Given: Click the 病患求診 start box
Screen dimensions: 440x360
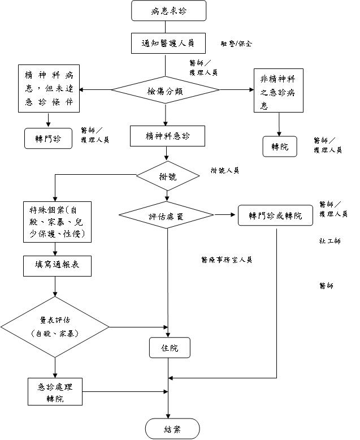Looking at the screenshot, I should coord(168,11).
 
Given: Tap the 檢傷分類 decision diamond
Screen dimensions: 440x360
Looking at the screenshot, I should coord(165,90).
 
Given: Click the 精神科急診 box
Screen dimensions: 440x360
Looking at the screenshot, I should coord(167,136).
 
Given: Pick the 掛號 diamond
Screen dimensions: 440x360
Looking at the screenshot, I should coord(168,176).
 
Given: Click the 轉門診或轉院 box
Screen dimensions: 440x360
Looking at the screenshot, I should coord(275,215).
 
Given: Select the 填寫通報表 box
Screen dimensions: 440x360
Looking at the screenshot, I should coord(57,265).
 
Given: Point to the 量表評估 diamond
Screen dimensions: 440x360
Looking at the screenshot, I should coord(54,327).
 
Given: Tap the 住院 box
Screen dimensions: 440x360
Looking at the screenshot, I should coord(169,348).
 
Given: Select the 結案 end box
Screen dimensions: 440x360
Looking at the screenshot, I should coord(172,429).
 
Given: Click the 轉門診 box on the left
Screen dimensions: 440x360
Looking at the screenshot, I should coord(49,139).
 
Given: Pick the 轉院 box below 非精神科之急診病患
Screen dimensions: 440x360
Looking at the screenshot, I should coord(280,146).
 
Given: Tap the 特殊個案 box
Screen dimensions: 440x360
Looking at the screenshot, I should coord(55,221).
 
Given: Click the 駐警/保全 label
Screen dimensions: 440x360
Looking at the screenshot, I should coord(236,43).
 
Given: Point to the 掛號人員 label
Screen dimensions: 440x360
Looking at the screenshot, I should coord(225,170).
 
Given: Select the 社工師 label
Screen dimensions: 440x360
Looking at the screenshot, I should coord(329,241).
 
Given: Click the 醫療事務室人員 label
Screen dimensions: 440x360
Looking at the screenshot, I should coord(226,260).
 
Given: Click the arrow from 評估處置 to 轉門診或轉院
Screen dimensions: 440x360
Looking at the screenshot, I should coord(224,215).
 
